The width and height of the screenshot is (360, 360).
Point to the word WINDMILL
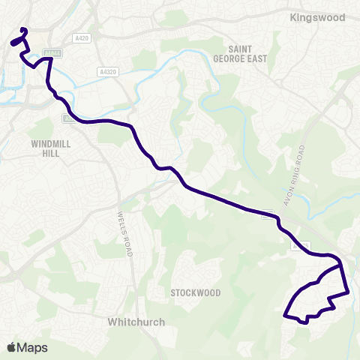pyautogui.click(x=49, y=142)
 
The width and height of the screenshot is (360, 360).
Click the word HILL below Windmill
pyautogui.click(x=49, y=152)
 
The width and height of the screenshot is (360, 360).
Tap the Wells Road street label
pyautogui.click(x=124, y=233)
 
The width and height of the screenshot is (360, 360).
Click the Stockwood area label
pyautogui.click(x=194, y=292)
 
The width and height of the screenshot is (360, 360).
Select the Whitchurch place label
pyautogui.click(x=136, y=322)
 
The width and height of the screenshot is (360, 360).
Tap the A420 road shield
pyautogui.click(x=82, y=37)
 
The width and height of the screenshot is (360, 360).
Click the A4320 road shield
pyautogui.click(x=107, y=72)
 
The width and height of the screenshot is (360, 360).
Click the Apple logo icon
pyautogui.click(x=12, y=347)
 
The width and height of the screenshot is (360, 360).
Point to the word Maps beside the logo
pyautogui.click(x=33, y=347)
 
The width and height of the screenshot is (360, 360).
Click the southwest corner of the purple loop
pyautogui.click(x=284, y=316)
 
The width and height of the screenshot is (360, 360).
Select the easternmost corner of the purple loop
pyautogui.click(x=349, y=292)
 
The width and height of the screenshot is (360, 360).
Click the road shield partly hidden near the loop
pyautogui.click(x=300, y=246)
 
